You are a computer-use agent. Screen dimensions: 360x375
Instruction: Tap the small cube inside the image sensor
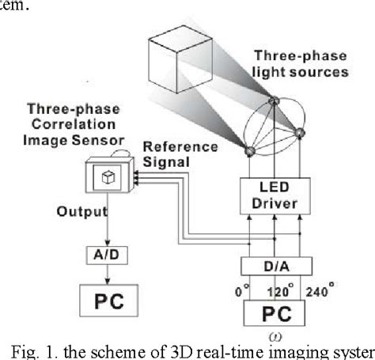point(112,180)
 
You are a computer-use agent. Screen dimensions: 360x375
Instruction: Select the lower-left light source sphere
point(247,152)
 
